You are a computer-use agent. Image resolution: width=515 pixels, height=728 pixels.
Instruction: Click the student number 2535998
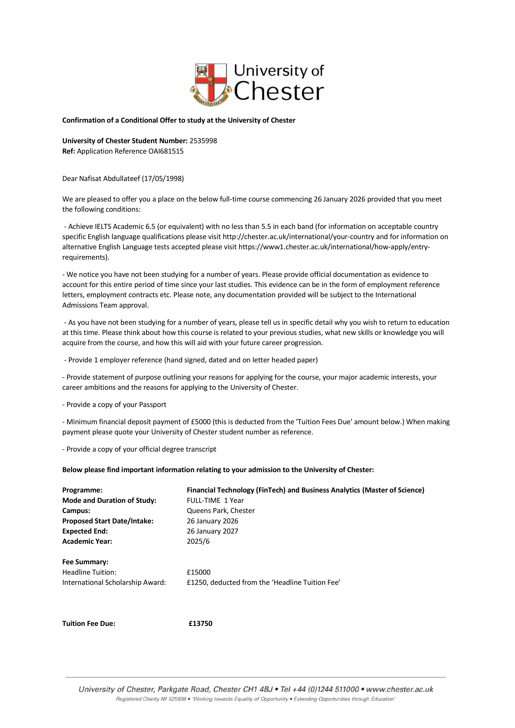[203, 141]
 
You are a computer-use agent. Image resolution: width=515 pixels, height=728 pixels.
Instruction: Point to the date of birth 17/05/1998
[163, 178]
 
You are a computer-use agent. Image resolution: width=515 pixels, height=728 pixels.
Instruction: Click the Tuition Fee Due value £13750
[201, 623]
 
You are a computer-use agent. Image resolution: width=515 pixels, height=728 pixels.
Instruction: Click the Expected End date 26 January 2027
[213, 531]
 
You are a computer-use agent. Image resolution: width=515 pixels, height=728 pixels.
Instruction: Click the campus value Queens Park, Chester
[221, 511]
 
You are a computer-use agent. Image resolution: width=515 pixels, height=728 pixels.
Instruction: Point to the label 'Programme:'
[82, 490]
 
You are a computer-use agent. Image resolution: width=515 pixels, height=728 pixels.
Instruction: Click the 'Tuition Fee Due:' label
[89, 623]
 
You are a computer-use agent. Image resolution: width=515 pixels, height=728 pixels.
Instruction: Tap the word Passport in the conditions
[153, 405]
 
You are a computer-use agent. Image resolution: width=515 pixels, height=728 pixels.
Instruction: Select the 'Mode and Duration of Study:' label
[109, 500]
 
